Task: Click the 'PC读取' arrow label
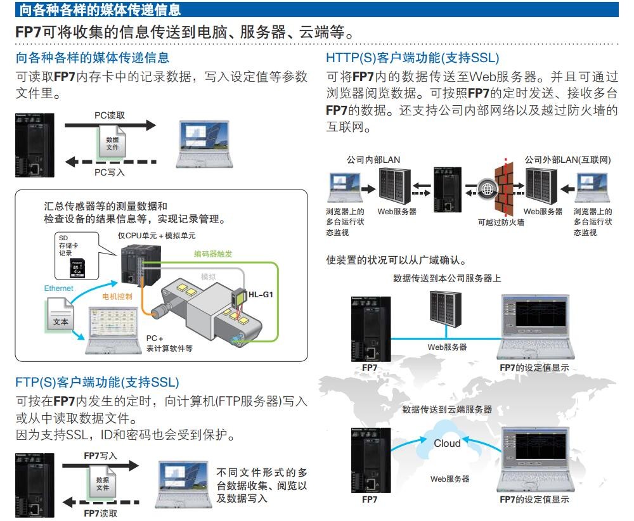click(110, 116)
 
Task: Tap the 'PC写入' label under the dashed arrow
click(110, 172)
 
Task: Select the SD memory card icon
click(78, 266)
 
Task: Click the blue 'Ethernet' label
click(59, 288)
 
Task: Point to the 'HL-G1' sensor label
click(261, 295)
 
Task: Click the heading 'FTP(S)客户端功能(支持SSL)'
click(97, 382)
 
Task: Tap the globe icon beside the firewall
click(487, 188)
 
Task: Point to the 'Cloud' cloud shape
click(447, 443)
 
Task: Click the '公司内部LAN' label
click(373, 160)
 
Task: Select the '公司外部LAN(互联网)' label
click(568, 160)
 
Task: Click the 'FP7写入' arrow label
click(101, 455)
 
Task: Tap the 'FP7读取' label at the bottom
click(101, 514)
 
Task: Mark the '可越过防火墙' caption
click(501, 222)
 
